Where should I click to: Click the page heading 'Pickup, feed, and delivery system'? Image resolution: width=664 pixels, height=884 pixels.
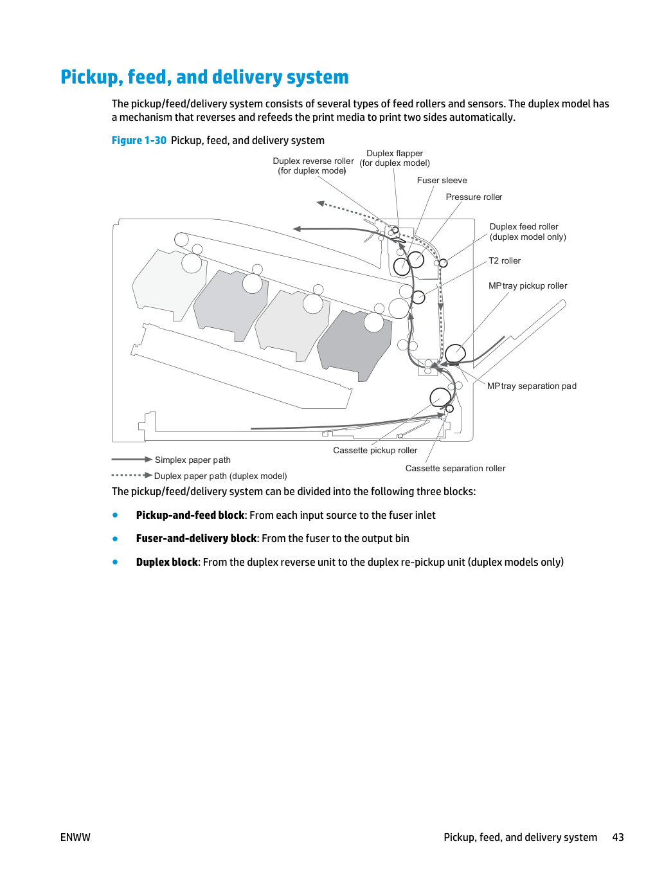[x=204, y=77]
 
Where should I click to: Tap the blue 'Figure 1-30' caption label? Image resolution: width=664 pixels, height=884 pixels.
[x=139, y=140]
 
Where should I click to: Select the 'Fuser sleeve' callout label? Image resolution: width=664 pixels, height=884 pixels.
[x=442, y=181]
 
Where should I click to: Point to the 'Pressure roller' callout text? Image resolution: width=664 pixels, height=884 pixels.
[x=474, y=197]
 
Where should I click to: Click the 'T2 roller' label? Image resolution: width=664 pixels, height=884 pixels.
[x=505, y=260]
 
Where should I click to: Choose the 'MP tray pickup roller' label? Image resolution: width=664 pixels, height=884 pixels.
[x=528, y=285]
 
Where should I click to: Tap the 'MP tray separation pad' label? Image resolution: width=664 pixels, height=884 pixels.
[x=532, y=386]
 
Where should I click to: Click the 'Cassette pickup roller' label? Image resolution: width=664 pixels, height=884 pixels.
[x=375, y=450]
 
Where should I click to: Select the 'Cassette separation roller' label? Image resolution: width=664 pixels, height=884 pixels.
[x=455, y=469]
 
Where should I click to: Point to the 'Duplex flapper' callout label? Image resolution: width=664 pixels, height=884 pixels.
[x=395, y=154]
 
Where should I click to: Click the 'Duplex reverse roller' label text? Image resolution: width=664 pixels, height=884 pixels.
[x=313, y=161]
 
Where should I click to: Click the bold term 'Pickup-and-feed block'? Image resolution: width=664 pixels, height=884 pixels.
[x=190, y=515]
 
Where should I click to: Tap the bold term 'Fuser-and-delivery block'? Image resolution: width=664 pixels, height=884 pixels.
[x=196, y=539]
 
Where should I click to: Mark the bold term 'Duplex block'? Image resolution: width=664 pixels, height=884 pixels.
[x=166, y=562]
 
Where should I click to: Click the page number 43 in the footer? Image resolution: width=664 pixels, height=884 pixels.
[x=618, y=837]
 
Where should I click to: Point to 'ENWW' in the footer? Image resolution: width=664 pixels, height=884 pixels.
[x=75, y=837]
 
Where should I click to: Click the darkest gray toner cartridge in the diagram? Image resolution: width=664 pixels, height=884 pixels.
[x=354, y=345]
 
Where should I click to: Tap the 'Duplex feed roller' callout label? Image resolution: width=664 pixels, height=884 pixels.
[x=523, y=227]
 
